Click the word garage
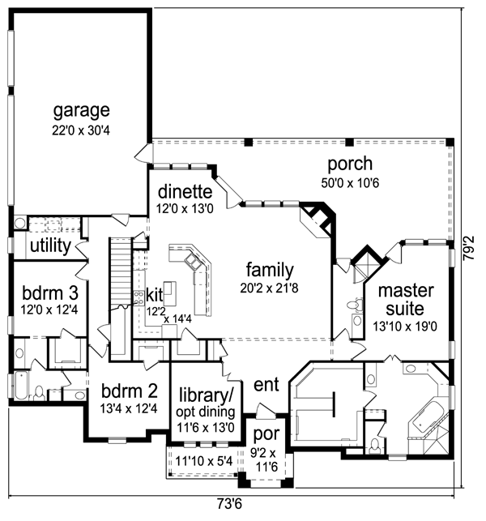[81, 111]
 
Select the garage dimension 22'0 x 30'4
[81, 130]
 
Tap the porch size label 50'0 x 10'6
[350, 183]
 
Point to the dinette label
[185, 192]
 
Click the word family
[270, 270]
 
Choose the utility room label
[50, 246]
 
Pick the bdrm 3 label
[50, 293]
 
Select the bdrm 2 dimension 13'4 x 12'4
[129, 408]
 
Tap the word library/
[207, 395]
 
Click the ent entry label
[266, 385]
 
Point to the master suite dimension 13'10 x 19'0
[405, 327]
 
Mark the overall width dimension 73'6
[229, 504]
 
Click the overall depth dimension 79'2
[470, 248]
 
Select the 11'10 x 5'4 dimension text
[204, 461]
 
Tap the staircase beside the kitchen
[121, 272]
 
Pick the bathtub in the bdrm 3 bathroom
[21, 386]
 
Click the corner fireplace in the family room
[317, 220]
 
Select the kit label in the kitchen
[155, 295]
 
